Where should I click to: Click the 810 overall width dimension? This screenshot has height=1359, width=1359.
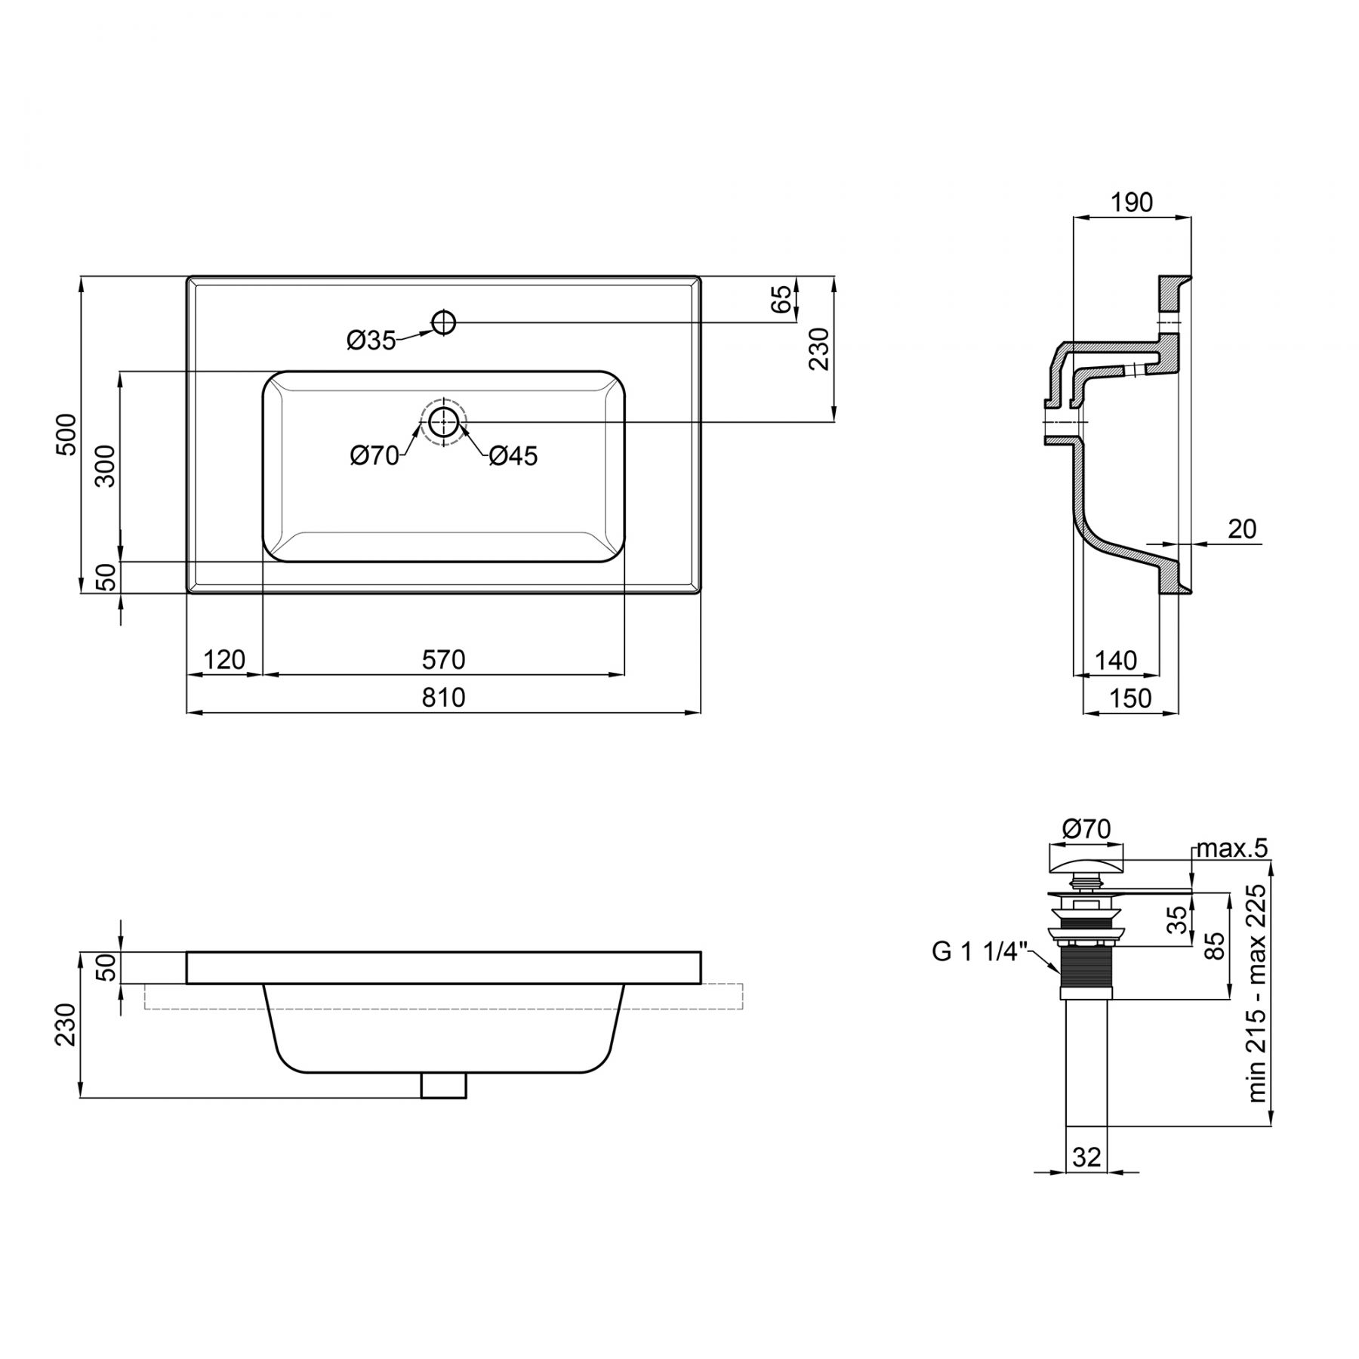443,697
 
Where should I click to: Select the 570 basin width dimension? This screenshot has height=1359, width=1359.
443,660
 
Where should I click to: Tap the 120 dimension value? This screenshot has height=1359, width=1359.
225,660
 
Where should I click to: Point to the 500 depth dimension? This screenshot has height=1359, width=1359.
67,434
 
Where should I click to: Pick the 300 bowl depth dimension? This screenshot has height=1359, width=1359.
106,466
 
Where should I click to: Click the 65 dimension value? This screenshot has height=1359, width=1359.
783,298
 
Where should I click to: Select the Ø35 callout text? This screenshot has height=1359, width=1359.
371,341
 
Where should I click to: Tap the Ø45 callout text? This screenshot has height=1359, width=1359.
513,456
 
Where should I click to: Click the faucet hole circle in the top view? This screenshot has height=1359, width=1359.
444,322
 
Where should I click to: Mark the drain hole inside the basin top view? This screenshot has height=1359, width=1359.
444,421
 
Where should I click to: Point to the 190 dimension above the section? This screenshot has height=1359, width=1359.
1132,202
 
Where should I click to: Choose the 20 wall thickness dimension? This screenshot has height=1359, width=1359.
1242,529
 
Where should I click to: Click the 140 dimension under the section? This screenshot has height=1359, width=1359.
1115,661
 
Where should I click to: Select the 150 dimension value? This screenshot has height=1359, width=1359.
1130,698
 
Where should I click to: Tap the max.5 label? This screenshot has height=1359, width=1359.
1232,849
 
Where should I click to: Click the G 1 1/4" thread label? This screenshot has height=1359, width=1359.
980,951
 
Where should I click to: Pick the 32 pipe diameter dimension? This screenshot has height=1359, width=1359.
1086,1157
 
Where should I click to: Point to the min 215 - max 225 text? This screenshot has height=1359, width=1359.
1257,994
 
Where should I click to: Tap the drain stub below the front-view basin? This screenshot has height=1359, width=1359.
444,1085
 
